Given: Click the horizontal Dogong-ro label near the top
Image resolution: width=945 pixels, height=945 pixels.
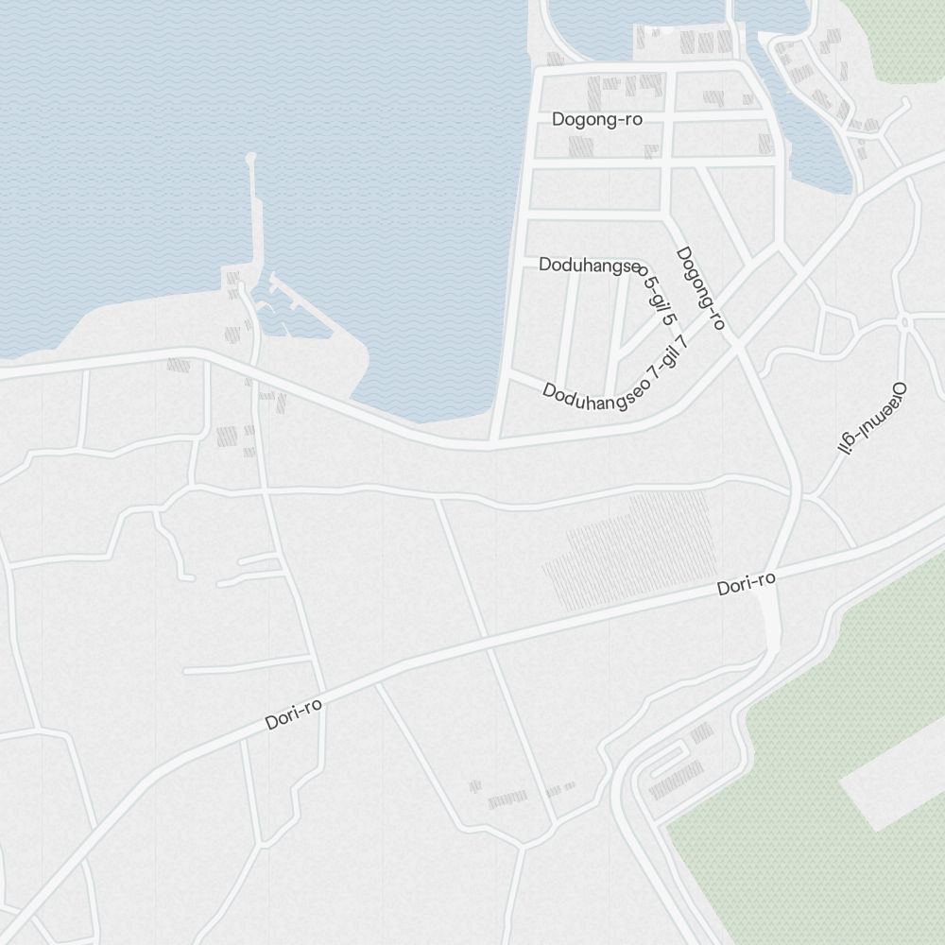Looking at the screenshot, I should [596, 120].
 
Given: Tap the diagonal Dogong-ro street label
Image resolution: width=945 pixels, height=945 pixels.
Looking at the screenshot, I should [701, 288].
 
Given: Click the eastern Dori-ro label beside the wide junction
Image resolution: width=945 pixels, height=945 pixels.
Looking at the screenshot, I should [746, 585].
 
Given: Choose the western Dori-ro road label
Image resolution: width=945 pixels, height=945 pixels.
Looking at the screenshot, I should [293, 714].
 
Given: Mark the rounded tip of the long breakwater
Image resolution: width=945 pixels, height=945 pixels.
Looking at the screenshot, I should [250, 158].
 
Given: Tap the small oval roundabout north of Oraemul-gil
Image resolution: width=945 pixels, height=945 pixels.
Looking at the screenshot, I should [904, 323].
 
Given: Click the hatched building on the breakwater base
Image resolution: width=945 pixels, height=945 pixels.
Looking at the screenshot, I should [232, 280].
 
